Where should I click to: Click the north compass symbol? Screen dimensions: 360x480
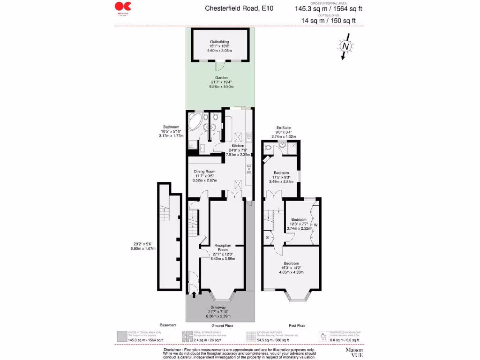tap(345, 46)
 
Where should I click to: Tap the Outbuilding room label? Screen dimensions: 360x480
tap(220, 42)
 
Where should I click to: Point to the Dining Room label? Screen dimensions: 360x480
tap(204, 172)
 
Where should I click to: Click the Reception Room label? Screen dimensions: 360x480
tap(223, 247)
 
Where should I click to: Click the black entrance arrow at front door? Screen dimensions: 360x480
tap(194, 294)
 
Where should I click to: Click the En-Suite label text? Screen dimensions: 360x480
tap(285, 127)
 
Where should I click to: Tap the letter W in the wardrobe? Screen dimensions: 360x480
tap(315, 225)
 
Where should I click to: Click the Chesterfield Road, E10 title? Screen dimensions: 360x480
tap(239, 8)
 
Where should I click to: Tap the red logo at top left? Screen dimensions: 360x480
tap(123, 7)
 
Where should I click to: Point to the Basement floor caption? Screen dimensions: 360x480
tap(168, 325)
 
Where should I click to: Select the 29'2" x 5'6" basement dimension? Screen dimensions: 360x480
tap(143, 243)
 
